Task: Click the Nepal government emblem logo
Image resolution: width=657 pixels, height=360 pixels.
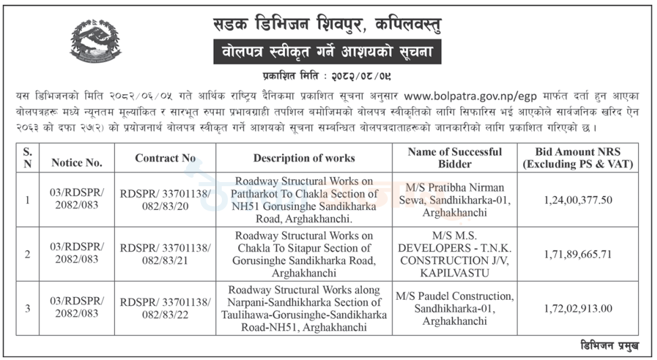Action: (x=95, y=40)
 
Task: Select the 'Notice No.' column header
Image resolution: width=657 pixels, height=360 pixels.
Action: (x=76, y=162)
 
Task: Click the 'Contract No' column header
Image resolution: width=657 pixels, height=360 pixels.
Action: (x=165, y=158)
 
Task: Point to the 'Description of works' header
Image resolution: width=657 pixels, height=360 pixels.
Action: (x=304, y=158)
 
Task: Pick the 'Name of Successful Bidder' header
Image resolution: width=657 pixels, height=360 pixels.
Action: (x=455, y=158)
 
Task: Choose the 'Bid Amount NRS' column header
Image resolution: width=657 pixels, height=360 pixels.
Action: (x=577, y=158)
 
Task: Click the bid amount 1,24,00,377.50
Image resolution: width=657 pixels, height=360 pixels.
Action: (x=577, y=200)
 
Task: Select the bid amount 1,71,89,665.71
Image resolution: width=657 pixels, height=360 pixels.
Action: (x=577, y=254)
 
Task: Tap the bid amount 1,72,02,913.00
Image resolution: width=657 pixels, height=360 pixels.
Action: (x=577, y=308)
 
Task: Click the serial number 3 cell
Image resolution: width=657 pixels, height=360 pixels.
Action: (x=28, y=308)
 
